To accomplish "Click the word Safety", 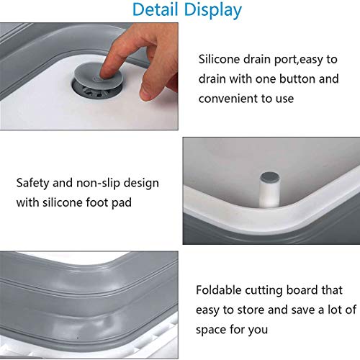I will coord(34,183).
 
